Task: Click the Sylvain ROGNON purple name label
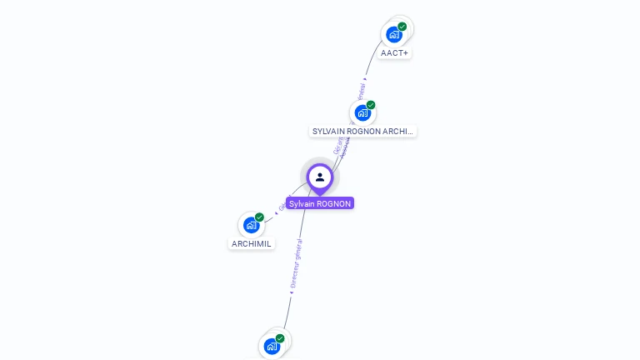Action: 320,203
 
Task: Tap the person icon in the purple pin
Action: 320,177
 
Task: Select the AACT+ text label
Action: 394,53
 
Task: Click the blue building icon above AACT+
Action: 393,35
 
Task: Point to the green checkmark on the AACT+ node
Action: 402,27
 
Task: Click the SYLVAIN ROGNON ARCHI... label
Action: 362,131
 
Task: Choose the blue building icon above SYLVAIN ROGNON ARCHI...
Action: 362,113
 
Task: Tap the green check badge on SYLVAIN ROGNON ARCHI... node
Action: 371,105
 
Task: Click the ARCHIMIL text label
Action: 252,243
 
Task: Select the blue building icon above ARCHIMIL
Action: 251,225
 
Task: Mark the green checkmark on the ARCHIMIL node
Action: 260,217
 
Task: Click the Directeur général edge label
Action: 296,263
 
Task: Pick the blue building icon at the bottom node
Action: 271,346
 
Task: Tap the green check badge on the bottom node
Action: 280,338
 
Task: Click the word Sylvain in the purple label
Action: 302,203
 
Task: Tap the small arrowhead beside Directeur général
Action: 290,292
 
